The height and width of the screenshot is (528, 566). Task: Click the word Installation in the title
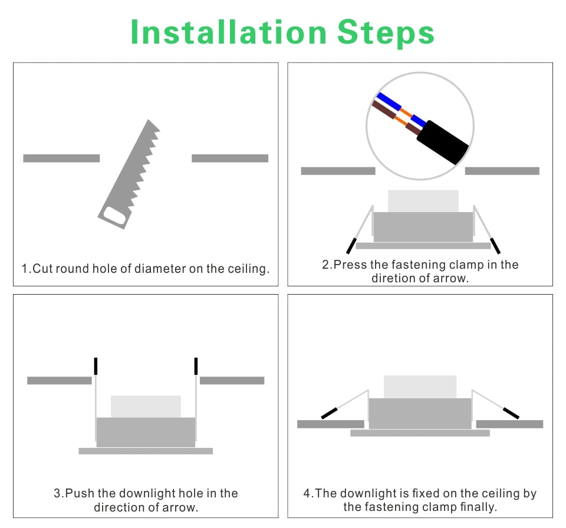click(x=229, y=32)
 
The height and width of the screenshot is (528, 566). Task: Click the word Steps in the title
click(x=386, y=33)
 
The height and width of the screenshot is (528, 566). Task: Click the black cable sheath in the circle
click(x=443, y=142)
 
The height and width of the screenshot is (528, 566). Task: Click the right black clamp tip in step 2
click(x=495, y=246)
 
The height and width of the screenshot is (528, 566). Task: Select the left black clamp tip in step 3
click(x=96, y=366)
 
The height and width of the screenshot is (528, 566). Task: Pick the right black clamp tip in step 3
click(x=196, y=366)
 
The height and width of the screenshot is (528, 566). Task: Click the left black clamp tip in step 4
click(x=329, y=413)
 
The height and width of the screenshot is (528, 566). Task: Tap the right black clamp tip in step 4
click(x=511, y=413)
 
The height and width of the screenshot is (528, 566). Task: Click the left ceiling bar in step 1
click(x=61, y=158)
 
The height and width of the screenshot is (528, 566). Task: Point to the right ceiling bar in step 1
click(x=230, y=158)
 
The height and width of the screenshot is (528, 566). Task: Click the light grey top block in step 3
click(x=146, y=407)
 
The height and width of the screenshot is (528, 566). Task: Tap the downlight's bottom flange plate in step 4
click(x=420, y=433)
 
